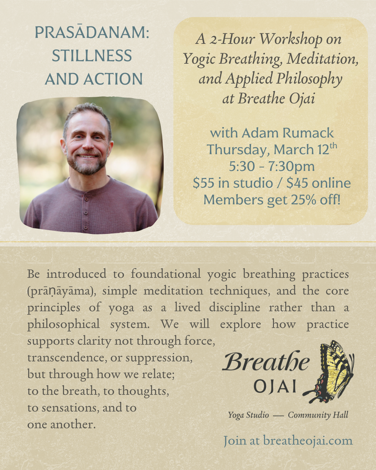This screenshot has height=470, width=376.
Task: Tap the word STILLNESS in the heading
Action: point(92,56)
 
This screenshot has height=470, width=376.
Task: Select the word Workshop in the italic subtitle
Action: point(291,39)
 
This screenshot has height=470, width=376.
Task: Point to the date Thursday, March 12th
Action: point(272,149)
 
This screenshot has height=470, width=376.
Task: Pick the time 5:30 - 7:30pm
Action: point(272,166)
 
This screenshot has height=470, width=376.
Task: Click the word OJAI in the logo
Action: point(275,386)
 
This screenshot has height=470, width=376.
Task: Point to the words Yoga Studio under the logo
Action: point(248,415)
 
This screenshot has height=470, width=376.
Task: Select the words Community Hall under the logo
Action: point(318,415)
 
